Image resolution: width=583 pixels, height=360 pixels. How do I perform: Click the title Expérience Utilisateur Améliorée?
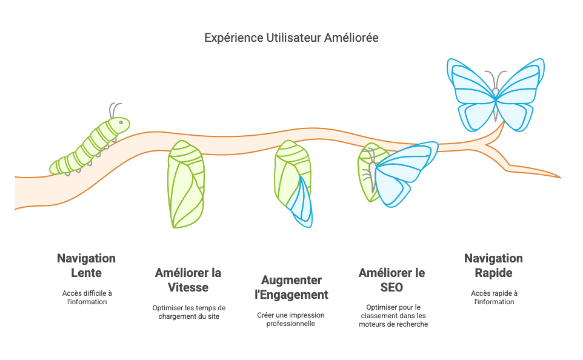pyautogui.click(x=291, y=38)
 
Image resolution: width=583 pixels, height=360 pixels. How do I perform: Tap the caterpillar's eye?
pyautogui.click(x=121, y=122)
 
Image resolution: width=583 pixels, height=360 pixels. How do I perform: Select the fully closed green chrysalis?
pyautogui.click(x=185, y=184)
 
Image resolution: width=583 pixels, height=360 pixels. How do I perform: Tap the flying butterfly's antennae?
pyautogui.click(x=496, y=79)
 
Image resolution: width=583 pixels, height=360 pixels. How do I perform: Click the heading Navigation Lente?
pyautogui.click(x=86, y=265)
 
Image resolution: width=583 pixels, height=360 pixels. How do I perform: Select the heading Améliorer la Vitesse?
pyautogui.click(x=188, y=280)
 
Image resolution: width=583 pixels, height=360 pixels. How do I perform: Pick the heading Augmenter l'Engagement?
pyautogui.click(x=291, y=287)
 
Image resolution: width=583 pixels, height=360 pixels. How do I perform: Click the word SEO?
pyautogui.click(x=391, y=287)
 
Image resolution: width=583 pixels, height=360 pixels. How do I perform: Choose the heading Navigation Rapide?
pyautogui.click(x=493, y=265)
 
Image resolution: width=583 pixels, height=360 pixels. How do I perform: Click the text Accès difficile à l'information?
pyautogui.click(x=87, y=298)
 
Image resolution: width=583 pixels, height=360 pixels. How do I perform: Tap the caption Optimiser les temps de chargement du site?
pyautogui.click(x=189, y=312)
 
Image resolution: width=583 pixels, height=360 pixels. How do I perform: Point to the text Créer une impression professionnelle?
pyautogui.click(x=291, y=319)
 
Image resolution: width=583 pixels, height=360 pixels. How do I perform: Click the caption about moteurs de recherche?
pyautogui.click(x=393, y=316)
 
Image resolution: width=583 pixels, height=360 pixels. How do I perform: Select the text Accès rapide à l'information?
pyautogui.click(x=494, y=298)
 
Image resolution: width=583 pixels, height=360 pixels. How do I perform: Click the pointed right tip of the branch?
pyautogui.click(x=561, y=178)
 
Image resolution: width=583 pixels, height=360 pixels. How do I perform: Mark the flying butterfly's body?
pyautogui.click(x=496, y=104)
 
